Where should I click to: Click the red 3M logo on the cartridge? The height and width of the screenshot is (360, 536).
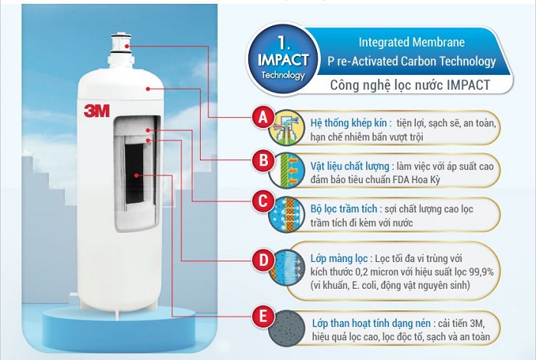click(96, 111)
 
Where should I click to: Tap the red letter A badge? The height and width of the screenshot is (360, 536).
click(263, 118)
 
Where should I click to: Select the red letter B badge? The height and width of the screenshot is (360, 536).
click(263, 160)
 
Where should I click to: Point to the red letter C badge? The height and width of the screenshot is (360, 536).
click(263, 201)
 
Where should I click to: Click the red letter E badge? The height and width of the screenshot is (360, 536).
click(263, 316)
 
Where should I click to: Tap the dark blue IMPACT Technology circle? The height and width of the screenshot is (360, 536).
click(283, 59)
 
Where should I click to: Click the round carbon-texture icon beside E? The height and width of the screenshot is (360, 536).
click(286, 329)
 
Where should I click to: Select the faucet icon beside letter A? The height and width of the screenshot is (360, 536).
click(286, 128)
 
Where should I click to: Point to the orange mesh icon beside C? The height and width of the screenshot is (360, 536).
click(286, 214)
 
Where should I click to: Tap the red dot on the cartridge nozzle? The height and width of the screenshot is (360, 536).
click(127, 46)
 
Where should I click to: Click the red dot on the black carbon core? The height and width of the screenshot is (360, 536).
click(136, 175)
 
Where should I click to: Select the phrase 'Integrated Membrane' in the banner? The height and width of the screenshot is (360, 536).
click(412, 42)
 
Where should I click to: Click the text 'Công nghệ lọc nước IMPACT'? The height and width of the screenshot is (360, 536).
click(410, 85)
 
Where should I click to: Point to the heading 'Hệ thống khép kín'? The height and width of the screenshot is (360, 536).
click(348, 123)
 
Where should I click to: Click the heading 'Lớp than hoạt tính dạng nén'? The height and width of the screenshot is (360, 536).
click(374, 323)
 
